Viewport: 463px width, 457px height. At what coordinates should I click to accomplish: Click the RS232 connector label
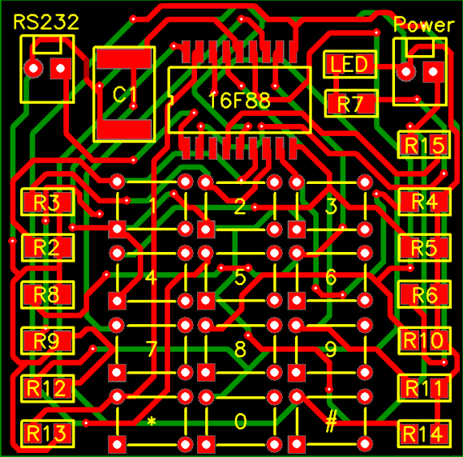pyautogui.click(x=46, y=22)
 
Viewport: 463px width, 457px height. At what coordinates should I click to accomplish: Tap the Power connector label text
pyautogui.click(x=424, y=24)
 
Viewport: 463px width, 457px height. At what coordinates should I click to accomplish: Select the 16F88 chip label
pyautogui.click(x=239, y=100)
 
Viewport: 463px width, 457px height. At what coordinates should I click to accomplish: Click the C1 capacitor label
pyautogui.click(x=125, y=95)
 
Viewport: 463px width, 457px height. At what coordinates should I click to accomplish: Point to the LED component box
pyautogui.click(x=350, y=64)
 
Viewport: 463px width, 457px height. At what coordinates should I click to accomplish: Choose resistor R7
pyautogui.click(x=351, y=104)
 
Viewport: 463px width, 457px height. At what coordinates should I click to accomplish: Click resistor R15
pyautogui.click(x=424, y=144)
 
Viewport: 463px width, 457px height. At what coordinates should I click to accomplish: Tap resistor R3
pyautogui.click(x=48, y=202)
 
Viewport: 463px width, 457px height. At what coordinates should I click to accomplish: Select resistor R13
pyautogui.click(x=48, y=434)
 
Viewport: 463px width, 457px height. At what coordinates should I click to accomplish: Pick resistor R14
pyautogui.click(x=425, y=434)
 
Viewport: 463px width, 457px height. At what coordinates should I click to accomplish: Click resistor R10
pyautogui.click(x=425, y=340)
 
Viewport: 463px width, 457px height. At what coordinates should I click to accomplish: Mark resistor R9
pyautogui.click(x=48, y=340)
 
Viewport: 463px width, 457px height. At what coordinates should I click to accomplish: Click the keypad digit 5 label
pyautogui.click(x=240, y=277)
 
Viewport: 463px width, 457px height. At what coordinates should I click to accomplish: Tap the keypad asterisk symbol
pyautogui.click(x=152, y=421)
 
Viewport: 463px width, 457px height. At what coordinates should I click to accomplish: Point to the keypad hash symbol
pyautogui.click(x=331, y=421)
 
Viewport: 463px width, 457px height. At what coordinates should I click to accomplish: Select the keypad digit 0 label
pyautogui.click(x=240, y=421)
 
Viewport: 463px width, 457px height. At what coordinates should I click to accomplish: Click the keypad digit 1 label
pyautogui.click(x=152, y=205)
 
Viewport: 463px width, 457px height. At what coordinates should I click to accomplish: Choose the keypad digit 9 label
pyautogui.click(x=331, y=349)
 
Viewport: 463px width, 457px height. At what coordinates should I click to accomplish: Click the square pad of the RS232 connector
pyautogui.click(x=61, y=68)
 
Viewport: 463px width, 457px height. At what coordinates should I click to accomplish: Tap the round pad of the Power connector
pyautogui.click(x=405, y=71)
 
